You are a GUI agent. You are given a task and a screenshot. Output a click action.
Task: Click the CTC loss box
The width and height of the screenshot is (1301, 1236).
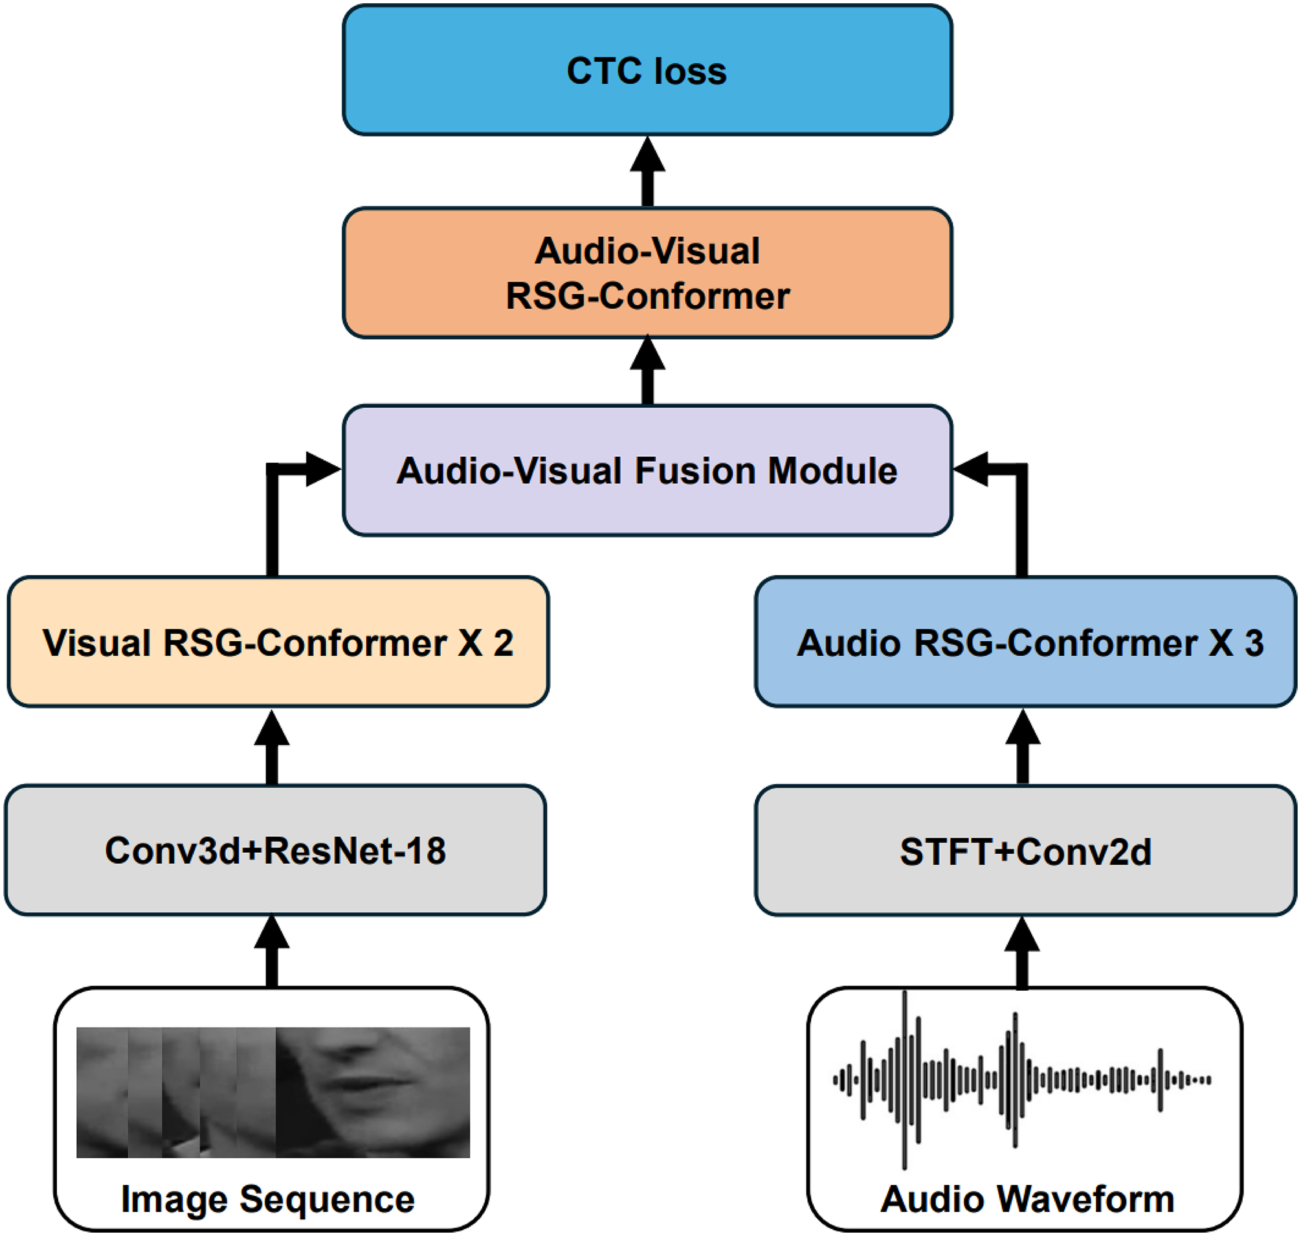click(647, 70)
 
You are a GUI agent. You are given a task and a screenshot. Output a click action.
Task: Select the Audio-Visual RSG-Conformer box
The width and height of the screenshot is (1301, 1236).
click(647, 273)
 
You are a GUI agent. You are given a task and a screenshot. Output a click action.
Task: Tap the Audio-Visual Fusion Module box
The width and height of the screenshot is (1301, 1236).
click(647, 470)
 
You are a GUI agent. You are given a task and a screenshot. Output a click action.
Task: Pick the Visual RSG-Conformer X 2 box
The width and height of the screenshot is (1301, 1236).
click(278, 642)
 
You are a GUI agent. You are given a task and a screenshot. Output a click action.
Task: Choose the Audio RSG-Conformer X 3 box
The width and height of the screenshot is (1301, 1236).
click(1025, 642)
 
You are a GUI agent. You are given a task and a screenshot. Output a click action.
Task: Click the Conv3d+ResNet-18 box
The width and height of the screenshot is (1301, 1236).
click(276, 850)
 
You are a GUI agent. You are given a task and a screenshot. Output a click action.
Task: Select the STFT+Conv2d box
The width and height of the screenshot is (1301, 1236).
click(1025, 850)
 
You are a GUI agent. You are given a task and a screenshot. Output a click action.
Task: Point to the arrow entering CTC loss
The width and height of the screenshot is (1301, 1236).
click(647, 172)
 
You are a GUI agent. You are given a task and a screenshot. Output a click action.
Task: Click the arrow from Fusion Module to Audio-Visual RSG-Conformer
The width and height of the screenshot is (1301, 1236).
click(647, 370)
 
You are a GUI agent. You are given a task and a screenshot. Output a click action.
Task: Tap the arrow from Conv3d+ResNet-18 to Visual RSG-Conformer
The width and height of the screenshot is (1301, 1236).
click(272, 747)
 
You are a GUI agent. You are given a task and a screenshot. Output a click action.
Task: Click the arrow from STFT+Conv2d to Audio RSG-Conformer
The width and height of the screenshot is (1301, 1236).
click(1022, 747)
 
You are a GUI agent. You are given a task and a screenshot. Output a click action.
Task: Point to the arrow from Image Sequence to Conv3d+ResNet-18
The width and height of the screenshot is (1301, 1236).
click(272, 952)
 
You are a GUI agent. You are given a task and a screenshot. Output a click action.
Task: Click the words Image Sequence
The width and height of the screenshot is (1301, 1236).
click(267, 1198)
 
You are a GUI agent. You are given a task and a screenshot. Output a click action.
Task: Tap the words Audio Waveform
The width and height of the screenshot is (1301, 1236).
click(1027, 1198)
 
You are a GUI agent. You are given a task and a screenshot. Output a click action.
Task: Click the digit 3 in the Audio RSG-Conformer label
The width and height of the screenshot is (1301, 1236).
click(1254, 643)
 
